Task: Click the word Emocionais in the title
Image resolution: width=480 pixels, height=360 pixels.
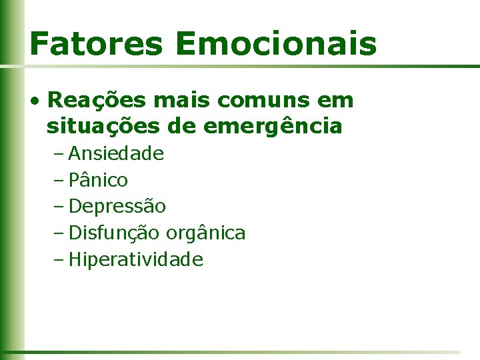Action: [277, 43]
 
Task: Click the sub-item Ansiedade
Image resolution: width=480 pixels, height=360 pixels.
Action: [116, 154]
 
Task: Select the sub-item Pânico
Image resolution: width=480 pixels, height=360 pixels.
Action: [98, 180]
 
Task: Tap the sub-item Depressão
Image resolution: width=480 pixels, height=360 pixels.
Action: [117, 207]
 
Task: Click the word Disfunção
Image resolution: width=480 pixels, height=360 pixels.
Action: [114, 233]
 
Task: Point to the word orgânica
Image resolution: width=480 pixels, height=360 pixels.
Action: [205, 233]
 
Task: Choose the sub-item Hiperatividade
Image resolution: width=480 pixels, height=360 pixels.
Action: [135, 259]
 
